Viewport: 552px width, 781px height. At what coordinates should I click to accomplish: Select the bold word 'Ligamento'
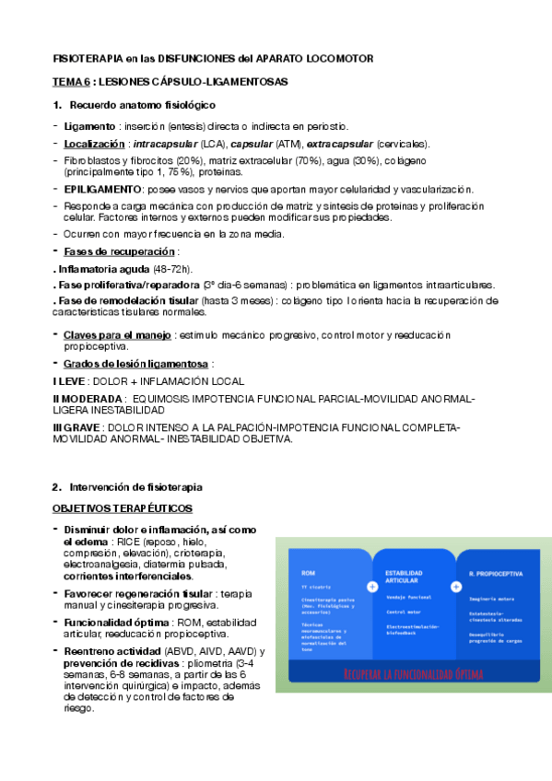coord(88,125)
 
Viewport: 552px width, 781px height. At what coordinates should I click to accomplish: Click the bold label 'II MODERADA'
coord(88,399)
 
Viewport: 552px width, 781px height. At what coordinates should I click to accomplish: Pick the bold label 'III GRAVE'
coord(77,427)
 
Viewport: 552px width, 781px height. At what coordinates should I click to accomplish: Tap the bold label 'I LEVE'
coord(70,380)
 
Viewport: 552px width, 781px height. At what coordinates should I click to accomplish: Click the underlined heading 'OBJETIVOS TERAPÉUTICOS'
coord(122,508)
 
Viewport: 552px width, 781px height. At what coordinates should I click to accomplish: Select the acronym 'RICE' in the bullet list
coord(128,542)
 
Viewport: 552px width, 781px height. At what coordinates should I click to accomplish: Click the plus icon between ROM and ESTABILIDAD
coord(372,586)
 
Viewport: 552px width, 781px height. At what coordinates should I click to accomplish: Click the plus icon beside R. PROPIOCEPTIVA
coord(455,586)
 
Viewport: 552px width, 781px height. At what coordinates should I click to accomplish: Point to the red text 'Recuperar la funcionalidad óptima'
coord(413,673)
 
